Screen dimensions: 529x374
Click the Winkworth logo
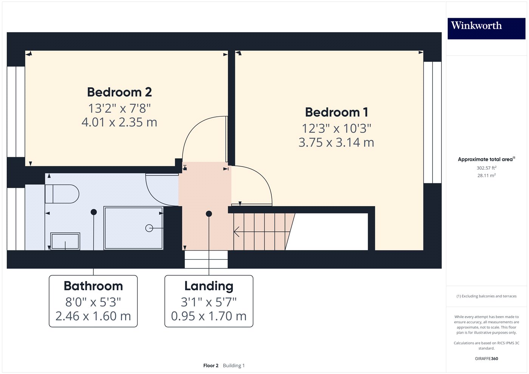(x=487, y=28)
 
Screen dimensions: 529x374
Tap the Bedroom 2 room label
(x=119, y=92)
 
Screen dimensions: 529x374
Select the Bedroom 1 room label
(x=337, y=112)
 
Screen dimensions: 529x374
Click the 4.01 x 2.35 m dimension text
(x=119, y=122)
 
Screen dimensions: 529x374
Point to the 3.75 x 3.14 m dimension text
(x=336, y=142)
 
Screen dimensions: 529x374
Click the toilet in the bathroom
(x=62, y=194)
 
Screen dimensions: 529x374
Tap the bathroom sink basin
(x=65, y=241)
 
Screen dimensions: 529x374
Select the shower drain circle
(x=149, y=228)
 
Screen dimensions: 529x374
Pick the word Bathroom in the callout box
(x=93, y=286)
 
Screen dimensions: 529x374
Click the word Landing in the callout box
(x=209, y=286)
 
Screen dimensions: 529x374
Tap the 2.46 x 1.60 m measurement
(x=93, y=316)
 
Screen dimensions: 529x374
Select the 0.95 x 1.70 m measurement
(x=209, y=316)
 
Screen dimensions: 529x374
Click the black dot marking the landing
(x=209, y=214)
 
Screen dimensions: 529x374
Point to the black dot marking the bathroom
(x=94, y=212)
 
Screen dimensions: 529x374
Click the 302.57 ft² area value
(x=487, y=168)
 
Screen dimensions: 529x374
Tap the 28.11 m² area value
(x=487, y=175)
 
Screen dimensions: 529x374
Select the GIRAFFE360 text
(x=487, y=359)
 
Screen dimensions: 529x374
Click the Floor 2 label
(x=211, y=366)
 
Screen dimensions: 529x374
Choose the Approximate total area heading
(x=485, y=159)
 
